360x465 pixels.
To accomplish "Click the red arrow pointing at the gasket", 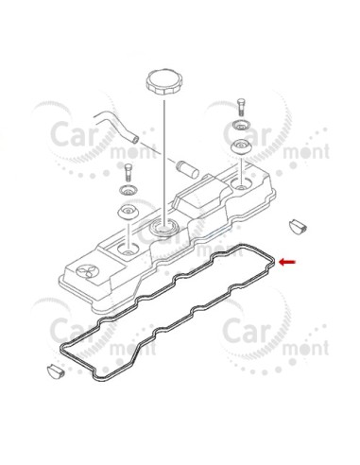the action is (287, 262).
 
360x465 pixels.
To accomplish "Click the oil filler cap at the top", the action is (163, 81).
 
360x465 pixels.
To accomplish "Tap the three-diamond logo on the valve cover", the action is (88, 271).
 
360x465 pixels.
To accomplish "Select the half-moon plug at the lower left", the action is (56, 370).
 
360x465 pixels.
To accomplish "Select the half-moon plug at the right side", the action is (299, 226).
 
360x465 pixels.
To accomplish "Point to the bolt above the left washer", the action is (128, 172).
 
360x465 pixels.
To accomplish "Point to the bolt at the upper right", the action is (241, 107).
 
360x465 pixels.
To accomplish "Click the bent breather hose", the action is (116, 126).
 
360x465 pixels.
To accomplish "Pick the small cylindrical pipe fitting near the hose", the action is (187, 169).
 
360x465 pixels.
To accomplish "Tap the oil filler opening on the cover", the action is (164, 227).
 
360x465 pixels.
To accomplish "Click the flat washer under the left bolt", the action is (129, 190).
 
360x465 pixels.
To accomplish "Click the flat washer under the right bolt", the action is (242, 125).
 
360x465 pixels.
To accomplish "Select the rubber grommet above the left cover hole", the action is (128, 212).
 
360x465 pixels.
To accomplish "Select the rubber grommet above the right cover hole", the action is (241, 146).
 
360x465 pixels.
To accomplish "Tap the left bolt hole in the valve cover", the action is (128, 250).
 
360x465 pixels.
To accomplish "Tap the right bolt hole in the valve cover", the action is (241, 183).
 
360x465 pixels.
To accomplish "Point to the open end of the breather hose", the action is (135, 137).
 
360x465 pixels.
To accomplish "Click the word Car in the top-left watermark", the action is (73, 135).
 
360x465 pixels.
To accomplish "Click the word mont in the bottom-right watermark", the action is (305, 348).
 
